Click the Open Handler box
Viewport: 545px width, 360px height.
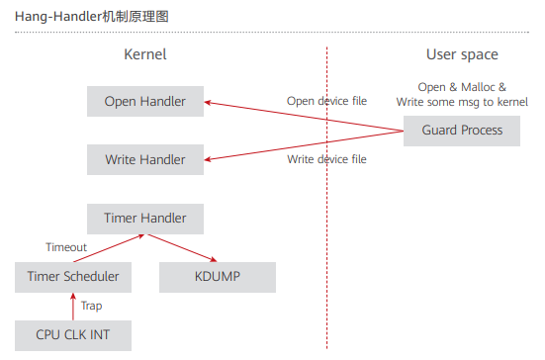click(x=144, y=101)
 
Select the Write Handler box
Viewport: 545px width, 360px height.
click(x=144, y=159)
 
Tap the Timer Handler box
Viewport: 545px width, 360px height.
click(x=144, y=219)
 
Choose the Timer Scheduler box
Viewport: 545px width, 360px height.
click(x=73, y=277)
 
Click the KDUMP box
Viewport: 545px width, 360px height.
click(x=217, y=277)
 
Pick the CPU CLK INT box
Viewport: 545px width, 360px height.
click(x=73, y=335)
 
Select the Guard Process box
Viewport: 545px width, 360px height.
click(x=462, y=131)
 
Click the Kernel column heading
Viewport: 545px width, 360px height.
click(x=144, y=54)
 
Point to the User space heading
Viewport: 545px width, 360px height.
click(x=462, y=54)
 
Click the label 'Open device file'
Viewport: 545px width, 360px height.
click(x=327, y=101)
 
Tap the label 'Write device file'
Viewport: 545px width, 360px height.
click(x=327, y=159)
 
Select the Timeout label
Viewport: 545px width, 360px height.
click(x=66, y=247)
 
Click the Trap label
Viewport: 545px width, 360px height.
click(x=91, y=307)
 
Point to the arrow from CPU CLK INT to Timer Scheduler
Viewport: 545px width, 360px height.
click(x=72, y=307)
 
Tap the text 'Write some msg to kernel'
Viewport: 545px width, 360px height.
click(x=462, y=102)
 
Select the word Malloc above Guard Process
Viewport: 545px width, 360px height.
click(x=476, y=87)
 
